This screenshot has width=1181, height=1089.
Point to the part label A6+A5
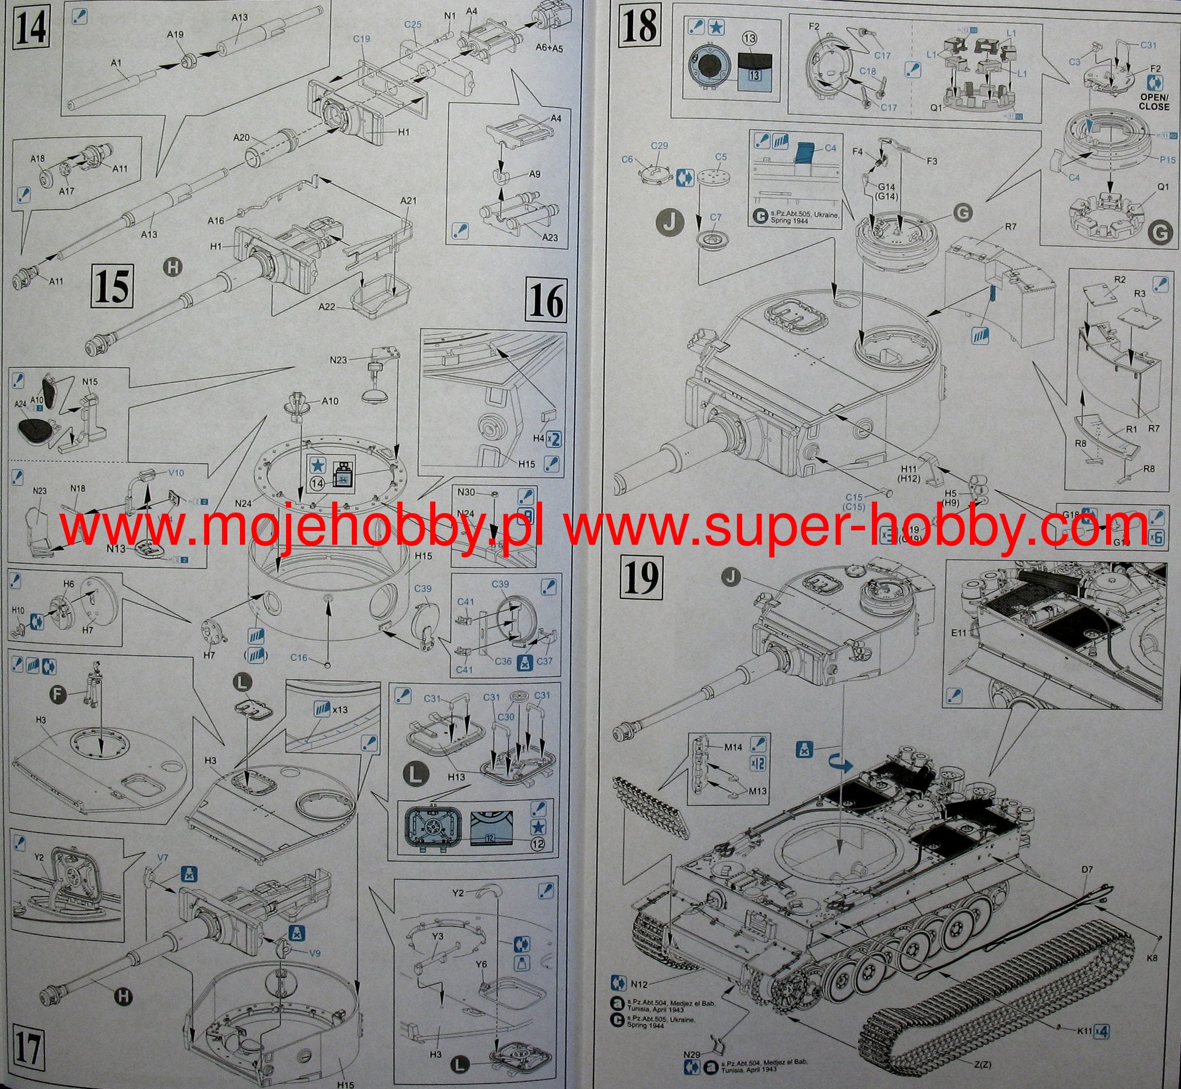549,49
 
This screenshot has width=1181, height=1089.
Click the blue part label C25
413,25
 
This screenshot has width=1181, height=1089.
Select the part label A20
242,137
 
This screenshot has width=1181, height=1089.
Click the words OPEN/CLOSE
1153,101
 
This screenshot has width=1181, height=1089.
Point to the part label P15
1152,159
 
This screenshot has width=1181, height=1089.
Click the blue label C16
299,658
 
